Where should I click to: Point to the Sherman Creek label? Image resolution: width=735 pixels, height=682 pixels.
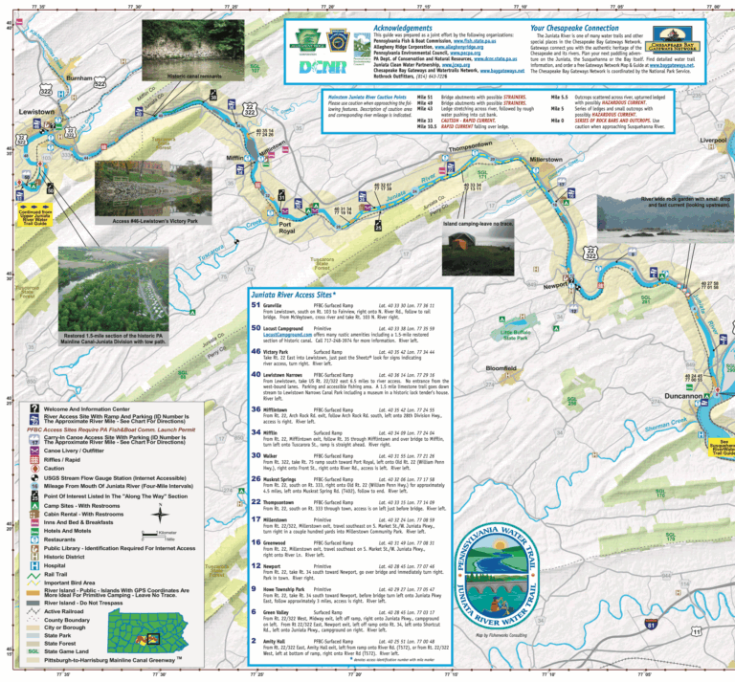point(680,425)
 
